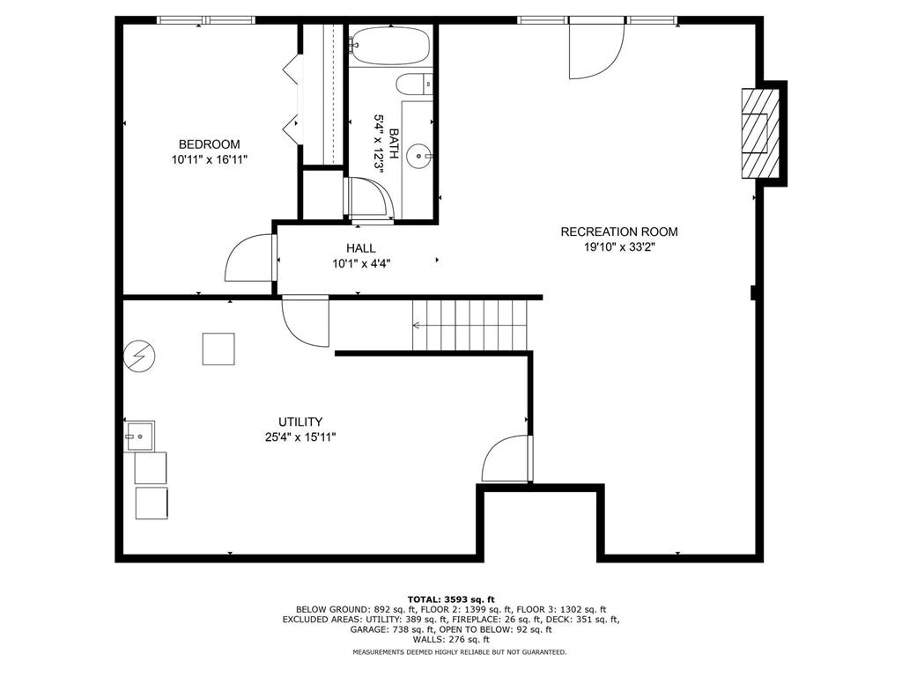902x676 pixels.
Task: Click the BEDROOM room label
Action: pos(209,144)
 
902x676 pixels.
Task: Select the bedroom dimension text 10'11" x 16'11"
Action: pos(209,159)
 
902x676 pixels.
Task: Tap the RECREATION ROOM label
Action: pos(619,231)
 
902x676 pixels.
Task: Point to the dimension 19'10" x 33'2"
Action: pos(619,247)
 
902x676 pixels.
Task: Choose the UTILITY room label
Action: pos(300,422)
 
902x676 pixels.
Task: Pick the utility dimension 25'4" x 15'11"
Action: pos(300,437)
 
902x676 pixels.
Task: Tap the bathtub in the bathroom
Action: pos(390,47)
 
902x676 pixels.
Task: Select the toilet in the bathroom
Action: pos(413,84)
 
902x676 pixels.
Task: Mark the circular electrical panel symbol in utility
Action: pos(138,356)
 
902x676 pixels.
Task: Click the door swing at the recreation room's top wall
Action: pos(595,48)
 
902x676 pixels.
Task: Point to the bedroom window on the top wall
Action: pos(205,19)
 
